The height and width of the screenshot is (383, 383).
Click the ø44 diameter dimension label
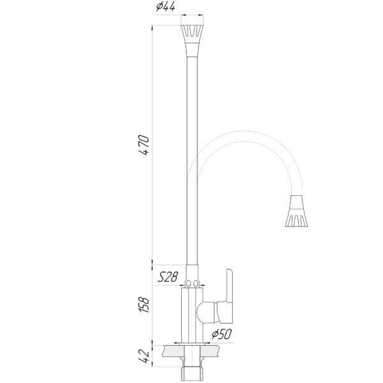pos(165,7)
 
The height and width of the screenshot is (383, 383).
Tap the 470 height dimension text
pos(144,145)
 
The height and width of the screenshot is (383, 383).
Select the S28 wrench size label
pos(167,277)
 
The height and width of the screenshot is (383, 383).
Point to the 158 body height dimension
pos(144,304)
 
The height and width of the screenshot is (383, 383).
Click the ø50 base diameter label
pos(222,334)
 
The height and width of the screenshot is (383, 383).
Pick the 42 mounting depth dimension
pos(144,356)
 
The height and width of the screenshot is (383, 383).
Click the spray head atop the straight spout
pos(192,34)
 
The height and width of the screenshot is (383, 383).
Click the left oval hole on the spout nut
pos(188,283)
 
